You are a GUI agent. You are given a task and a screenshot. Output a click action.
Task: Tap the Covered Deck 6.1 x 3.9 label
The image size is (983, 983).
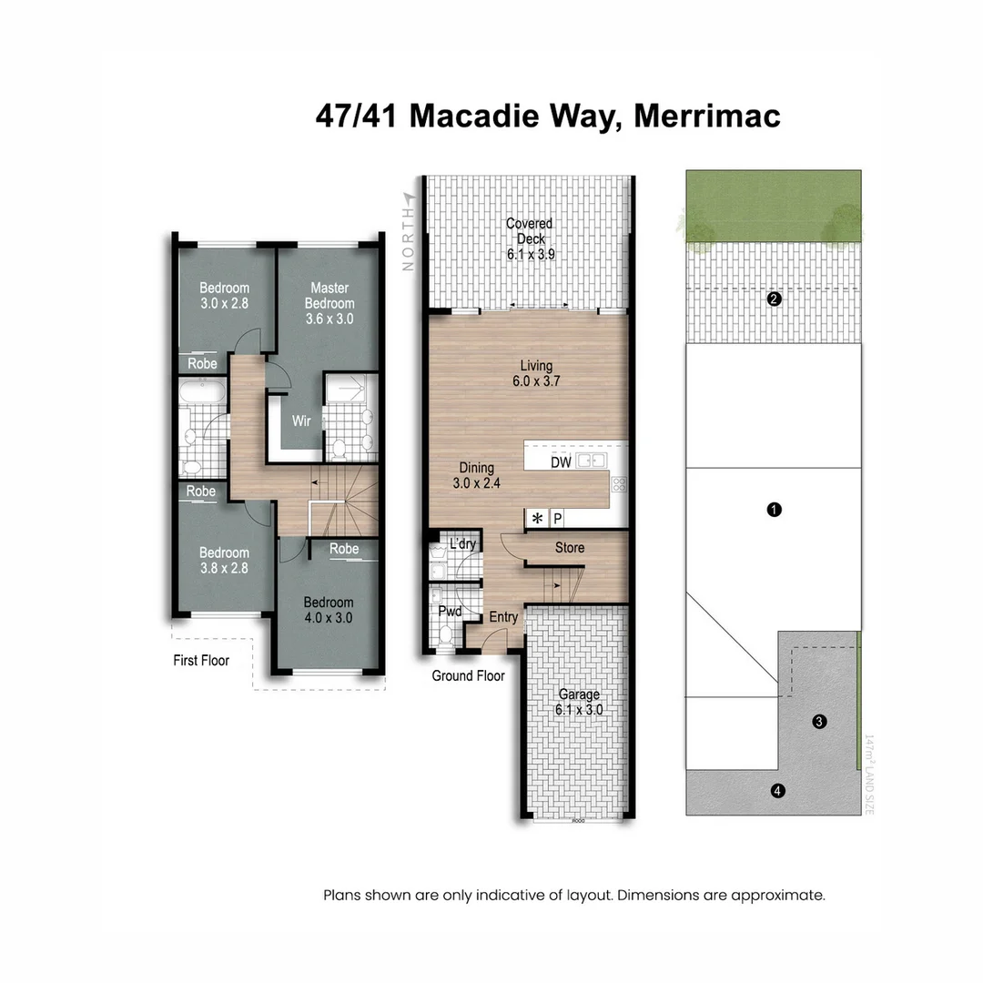pyautogui.click(x=530, y=238)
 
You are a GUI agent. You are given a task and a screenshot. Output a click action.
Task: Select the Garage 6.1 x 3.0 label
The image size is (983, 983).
pyautogui.click(x=580, y=702)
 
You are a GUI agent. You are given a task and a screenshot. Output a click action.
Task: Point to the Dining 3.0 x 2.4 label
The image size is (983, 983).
pyautogui.click(x=473, y=476)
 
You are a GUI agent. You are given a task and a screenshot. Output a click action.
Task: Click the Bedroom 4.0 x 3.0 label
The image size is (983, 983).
pyautogui.click(x=329, y=610)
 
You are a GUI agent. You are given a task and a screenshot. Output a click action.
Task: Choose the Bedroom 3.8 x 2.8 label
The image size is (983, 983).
pyautogui.click(x=224, y=560)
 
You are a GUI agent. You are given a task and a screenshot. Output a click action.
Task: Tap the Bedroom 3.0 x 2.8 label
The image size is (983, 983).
pyautogui.click(x=224, y=296)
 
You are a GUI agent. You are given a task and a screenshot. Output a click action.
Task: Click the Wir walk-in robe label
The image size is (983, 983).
pyautogui.click(x=302, y=421)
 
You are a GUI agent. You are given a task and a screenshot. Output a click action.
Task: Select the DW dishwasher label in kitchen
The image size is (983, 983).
pyautogui.click(x=562, y=462)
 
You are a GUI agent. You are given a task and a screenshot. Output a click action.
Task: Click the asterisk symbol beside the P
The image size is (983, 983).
pyautogui.click(x=537, y=519)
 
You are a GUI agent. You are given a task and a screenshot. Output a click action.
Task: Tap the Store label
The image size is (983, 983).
pyautogui.click(x=570, y=548)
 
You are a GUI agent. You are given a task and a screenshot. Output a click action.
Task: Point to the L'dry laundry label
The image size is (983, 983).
pyautogui.click(x=463, y=544)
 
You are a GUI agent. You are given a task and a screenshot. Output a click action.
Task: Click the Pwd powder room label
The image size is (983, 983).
pyautogui.click(x=450, y=611)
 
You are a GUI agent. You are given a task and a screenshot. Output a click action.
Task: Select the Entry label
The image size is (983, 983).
pyautogui.click(x=503, y=617)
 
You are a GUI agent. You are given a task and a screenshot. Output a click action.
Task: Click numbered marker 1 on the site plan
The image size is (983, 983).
pyautogui.click(x=774, y=510)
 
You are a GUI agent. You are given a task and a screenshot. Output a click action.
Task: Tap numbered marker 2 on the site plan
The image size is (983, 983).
pyautogui.click(x=774, y=299)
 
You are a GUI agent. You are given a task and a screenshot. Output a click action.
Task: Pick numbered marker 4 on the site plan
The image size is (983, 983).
pyautogui.click(x=777, y=791)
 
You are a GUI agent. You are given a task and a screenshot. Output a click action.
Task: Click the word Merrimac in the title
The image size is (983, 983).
pyautogui.click(x=706, y=117)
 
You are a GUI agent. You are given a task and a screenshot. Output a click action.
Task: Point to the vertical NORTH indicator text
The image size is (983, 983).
pyautogui.click(x=408, y=235)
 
